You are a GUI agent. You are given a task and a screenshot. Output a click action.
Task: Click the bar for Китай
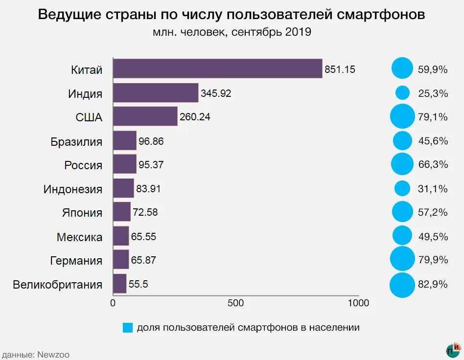point(218,68)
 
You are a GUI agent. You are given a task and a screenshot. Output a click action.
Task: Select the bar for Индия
point(156,92)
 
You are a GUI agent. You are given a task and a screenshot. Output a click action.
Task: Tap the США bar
point(145,116)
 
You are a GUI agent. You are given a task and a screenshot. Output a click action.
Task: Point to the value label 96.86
point(151,141)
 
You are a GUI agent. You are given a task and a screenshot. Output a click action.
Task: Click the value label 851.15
point(340,69)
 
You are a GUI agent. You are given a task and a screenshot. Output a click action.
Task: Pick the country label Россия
point(83,165)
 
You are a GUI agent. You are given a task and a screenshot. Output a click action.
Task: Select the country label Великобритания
point(58,285)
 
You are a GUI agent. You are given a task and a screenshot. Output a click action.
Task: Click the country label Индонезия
point(73,189)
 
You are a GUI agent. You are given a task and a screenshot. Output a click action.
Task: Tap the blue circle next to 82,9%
point(402,285)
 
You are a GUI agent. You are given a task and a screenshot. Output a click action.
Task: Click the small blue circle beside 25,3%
point(402,92)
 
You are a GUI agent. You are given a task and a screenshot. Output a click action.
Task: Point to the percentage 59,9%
point(433,69)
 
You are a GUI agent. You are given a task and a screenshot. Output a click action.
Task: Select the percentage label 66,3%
point(433,165)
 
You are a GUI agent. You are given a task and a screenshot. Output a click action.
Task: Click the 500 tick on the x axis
point(236,303)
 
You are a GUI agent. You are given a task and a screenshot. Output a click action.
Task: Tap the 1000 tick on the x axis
point(358,303)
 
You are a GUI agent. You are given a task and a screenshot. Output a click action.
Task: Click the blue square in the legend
point(127,328)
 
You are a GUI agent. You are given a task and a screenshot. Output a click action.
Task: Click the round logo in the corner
point(453,350)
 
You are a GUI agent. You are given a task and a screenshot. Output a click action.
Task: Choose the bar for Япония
point(122,212)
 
